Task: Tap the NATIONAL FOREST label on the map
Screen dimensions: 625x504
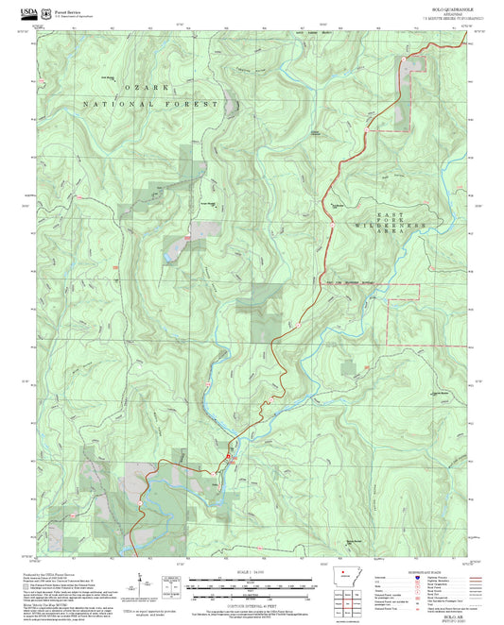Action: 151,104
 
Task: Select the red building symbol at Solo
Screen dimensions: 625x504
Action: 226,458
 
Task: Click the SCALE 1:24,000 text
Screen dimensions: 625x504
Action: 252,572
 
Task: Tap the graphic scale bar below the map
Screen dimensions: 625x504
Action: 252,585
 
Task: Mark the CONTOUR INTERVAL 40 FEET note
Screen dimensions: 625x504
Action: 252,597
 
